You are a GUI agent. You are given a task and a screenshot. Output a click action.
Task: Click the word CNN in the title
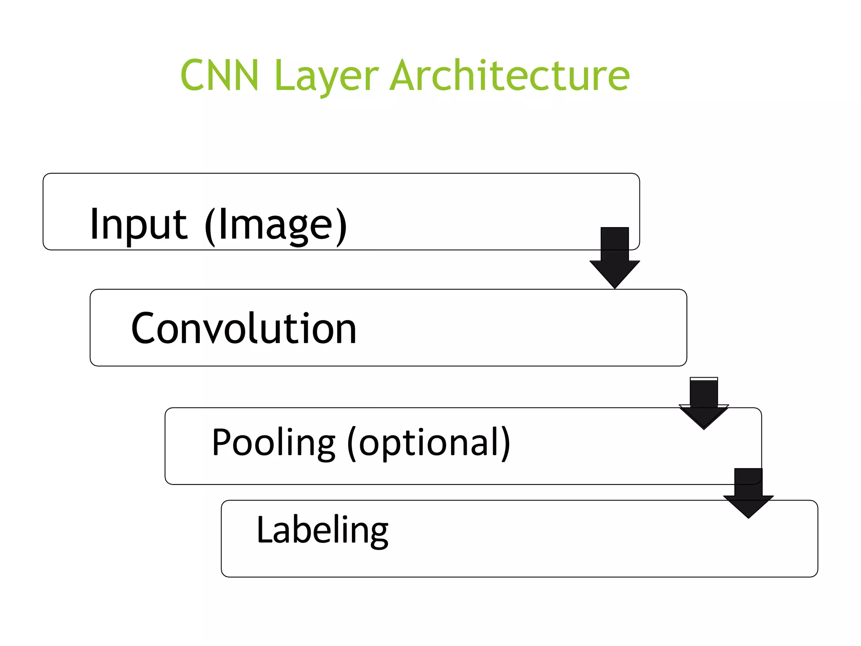tap(219, 75)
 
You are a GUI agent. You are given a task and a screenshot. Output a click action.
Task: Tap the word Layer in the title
tap(326, 76)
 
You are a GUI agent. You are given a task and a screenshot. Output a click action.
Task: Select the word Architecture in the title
tap(510, 75)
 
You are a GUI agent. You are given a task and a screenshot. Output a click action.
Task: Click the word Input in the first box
tap(138, 225)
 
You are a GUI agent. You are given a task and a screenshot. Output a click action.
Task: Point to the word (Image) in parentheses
tap(276, 226)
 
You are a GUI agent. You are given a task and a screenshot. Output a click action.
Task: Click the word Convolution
tap(244, 328)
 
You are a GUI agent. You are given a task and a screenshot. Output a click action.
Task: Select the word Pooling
tap(273, 442)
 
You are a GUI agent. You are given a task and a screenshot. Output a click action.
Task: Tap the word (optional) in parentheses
tap(428, 443)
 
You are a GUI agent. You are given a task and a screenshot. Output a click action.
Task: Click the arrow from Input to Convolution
tap(614, 257)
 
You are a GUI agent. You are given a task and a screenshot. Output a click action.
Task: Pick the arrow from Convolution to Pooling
tap(704, 403)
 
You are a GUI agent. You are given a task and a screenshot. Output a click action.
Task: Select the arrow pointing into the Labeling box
tap(748, 493)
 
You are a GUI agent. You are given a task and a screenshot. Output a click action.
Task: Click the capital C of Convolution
tap(145, 328)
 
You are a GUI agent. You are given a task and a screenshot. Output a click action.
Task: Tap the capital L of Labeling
tap(265, 529)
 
